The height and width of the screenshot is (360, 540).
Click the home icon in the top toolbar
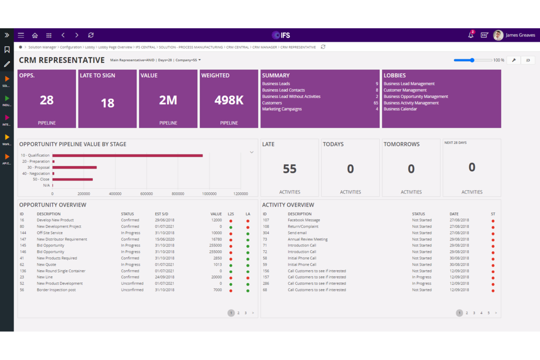click(x=35, y=35)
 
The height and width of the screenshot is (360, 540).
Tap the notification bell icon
click(x=471, y=35)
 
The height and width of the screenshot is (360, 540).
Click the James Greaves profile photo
click(x=498, y=35)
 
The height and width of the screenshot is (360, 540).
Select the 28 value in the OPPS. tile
click(x=47, y=100)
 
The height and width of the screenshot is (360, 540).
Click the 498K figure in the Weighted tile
click(x=229, y=100)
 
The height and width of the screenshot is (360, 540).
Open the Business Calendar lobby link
click(x=400, y=109)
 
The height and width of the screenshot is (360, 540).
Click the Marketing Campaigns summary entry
click(x=282, y=109)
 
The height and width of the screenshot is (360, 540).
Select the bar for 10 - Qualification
click(x=127, y=155)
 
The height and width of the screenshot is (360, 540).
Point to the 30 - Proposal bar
click(x=74, y=167)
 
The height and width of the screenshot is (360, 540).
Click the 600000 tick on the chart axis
click(x=146, y=194)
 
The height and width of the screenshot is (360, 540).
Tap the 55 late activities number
click(x=290, y=169)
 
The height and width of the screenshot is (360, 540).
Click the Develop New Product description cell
click(x=55, y=220)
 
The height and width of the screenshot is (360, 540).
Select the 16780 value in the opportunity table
click(x=216, y=239)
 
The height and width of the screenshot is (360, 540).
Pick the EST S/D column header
click(x=161, y=214)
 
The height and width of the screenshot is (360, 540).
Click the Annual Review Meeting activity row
click(x=308, y=239)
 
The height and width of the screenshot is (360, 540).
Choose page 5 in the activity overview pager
click(x=489, y=313)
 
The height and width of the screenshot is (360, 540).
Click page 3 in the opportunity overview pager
click(x=246, y=313)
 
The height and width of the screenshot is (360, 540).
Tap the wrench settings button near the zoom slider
click(x=514, y=60)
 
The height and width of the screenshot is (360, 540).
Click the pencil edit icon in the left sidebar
click(x=7, y=64)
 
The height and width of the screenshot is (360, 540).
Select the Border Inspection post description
click(x=56, y=290)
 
